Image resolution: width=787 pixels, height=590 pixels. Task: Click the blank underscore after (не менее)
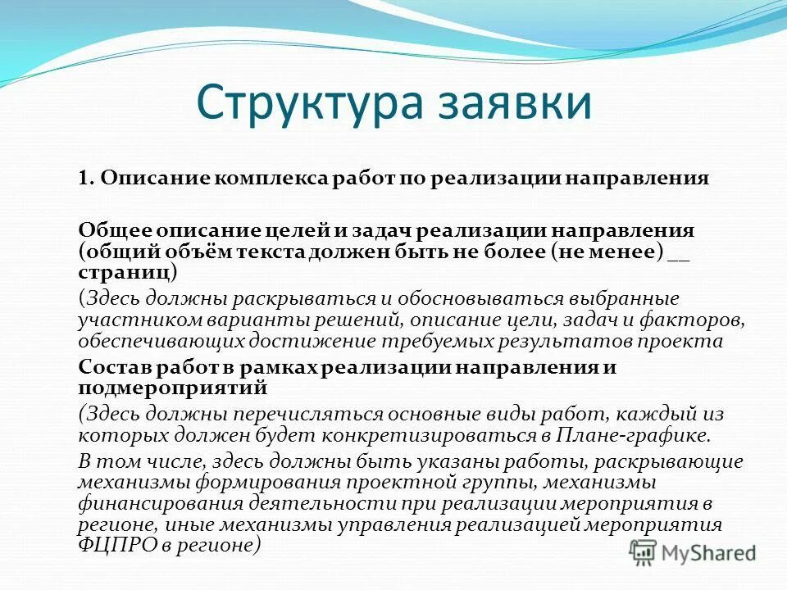coord(679,250)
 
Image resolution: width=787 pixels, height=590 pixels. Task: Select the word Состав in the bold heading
coord(112,367)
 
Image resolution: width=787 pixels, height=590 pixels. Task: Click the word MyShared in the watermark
coord(709,553)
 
